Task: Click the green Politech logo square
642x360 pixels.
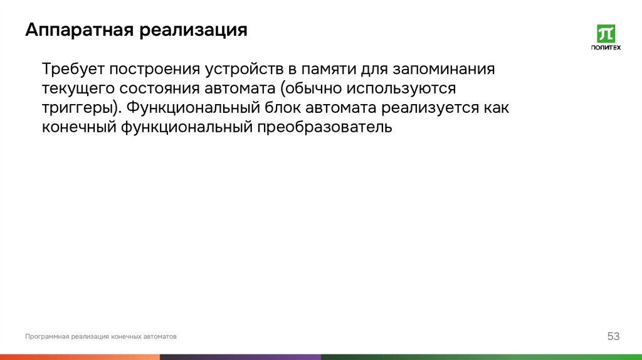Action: (606, 34)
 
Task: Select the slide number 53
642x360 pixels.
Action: (613, 337)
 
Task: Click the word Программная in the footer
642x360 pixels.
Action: (46, 337)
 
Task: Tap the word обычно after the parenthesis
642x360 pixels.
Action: (318, 88)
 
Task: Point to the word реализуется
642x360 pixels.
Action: (419, 108)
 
